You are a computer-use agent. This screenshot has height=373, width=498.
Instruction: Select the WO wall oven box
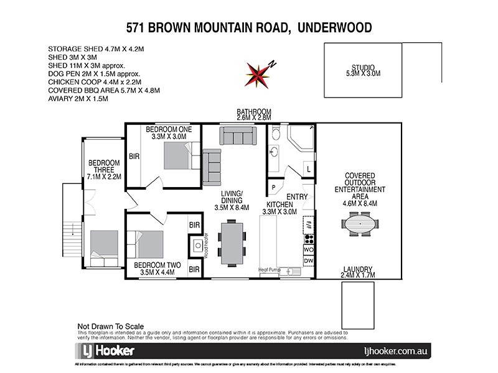(308, 249)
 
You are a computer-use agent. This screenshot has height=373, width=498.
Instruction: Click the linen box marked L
(309, 168)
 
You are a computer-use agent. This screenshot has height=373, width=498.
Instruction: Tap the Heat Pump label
(271, 270)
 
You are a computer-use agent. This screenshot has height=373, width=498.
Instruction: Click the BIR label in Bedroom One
(134, 157)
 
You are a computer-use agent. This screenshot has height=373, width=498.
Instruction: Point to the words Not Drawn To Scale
(110, 326)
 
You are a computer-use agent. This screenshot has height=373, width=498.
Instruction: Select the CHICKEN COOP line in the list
(95, 81)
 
